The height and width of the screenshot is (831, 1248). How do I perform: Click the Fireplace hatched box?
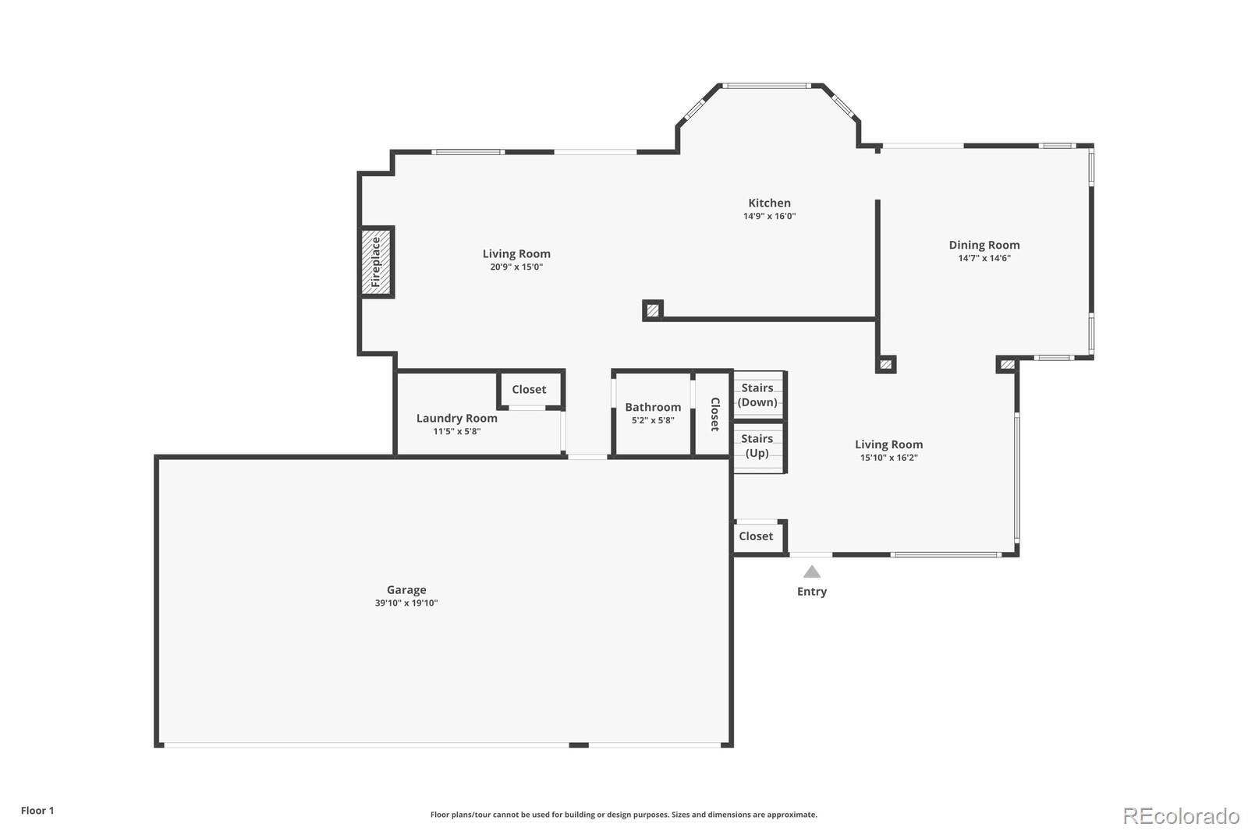pos(376,262)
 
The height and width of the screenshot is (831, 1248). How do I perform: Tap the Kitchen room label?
pos(769,203)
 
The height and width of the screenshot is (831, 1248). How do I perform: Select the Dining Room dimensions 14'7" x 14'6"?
pos(984,258)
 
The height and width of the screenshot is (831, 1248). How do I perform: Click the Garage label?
pos(406,590)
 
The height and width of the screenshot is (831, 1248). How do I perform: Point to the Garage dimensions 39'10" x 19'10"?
pos(406,603)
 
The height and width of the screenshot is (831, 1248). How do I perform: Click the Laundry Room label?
pos(456,418)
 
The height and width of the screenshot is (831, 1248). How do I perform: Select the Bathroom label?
pos(653,407)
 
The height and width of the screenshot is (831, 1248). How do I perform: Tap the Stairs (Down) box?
pos(757,394)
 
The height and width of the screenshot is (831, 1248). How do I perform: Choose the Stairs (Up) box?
pos(757,446)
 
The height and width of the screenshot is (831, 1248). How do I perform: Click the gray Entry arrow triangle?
pos(812,572)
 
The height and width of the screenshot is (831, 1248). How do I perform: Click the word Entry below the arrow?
pos(812,592)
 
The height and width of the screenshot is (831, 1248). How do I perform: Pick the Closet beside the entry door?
pos(756,536)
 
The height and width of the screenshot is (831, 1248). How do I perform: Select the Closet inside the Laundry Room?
pos(529,390)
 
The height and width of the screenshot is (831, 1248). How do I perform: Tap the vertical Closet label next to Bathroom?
pos(714,414)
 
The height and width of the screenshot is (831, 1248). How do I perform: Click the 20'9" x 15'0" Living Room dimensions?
pos(516,267)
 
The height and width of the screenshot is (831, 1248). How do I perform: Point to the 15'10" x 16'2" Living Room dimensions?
pos(888,458)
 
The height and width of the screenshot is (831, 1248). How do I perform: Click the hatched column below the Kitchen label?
pos(653,310)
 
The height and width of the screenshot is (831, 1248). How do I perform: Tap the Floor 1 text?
pos(37,811)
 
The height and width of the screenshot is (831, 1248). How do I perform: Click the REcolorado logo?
pos(1181,816)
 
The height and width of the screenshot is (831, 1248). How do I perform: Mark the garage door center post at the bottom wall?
pos(579,745)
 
